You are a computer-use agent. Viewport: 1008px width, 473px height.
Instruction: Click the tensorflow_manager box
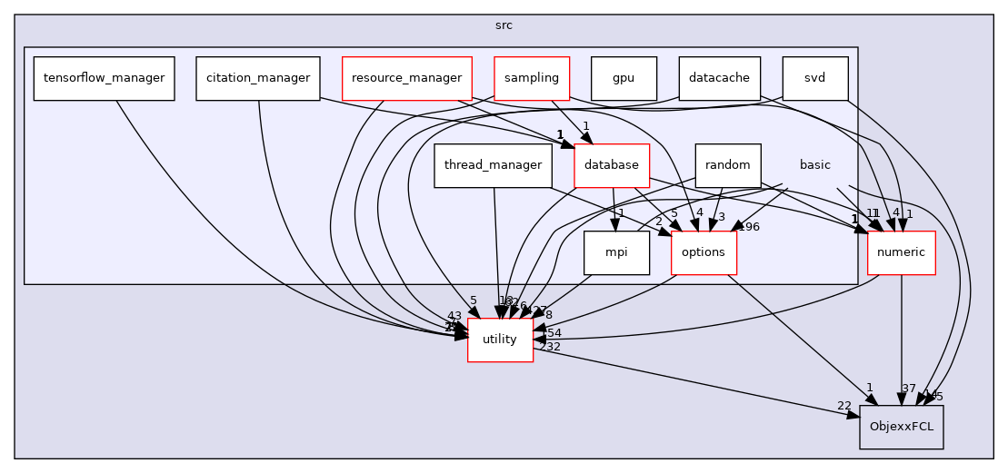[104, 78]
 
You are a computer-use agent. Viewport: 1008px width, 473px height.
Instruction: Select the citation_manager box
[258, 78]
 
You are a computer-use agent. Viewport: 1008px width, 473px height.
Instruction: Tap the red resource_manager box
[407, 78]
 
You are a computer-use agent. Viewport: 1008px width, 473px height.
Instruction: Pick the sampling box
[532, 78]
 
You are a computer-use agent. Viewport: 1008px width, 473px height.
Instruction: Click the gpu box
[624, 78]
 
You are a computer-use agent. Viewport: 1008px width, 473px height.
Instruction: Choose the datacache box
[719, 78]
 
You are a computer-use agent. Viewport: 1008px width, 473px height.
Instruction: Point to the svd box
[814, 78]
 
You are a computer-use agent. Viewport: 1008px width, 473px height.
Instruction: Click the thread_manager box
[494, 165]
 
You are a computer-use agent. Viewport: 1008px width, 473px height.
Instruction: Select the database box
[612, 165]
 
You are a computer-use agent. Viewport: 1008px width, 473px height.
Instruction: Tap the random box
[727, 165]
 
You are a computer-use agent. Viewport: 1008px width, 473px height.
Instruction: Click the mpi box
[616, 252]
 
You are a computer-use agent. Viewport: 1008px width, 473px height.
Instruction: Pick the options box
[704, 252]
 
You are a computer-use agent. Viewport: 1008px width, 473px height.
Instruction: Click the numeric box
[902, 252]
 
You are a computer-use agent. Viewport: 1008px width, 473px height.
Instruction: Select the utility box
[500, 340]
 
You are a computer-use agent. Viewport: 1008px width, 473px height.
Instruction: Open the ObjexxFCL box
[902, 427]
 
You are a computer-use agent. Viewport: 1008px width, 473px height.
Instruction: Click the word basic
[814, 165]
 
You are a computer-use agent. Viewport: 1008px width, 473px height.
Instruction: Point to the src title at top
[504, 25]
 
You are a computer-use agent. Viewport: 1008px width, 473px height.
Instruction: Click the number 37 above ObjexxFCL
[908, 389]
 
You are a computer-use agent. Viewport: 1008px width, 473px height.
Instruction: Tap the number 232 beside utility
[549, 347]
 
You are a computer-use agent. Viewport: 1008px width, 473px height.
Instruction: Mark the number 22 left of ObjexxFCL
[844, 405]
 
